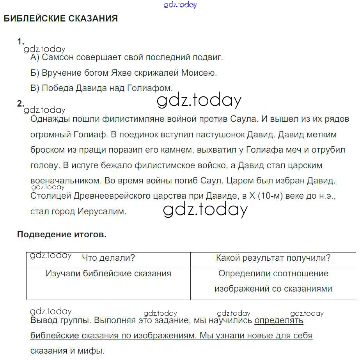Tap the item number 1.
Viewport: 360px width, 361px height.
[x=21, y=41]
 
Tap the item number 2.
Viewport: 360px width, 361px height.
[x=21, y=103]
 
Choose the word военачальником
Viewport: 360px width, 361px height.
[x=64, y=181]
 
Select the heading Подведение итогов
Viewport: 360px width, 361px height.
[x=62, y=235]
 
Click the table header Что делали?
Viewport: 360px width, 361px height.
[x=108, y=258]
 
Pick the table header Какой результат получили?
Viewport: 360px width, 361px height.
[x=273, y=258]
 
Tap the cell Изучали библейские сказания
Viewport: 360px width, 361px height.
[x=108, y=274]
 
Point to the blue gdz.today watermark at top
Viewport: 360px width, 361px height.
[x=181, y=5]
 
